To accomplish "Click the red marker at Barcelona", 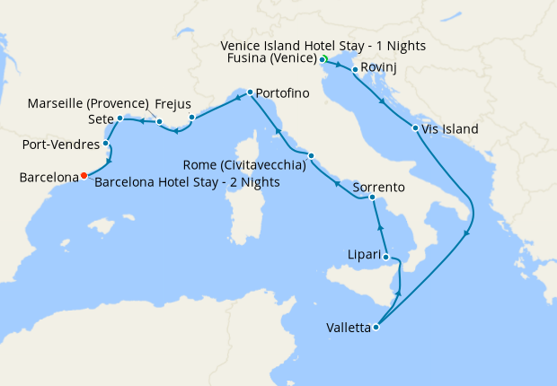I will pos(84,176).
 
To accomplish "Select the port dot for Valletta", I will pos(376,327).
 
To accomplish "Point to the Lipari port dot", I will pos(388,258).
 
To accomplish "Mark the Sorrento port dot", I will pos(372,197).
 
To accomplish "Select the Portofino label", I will pos(282,93).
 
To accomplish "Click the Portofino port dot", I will pos(250,92).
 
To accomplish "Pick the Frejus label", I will pos(172,103).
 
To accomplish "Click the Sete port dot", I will pos(119,118).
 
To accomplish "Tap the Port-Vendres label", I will pos(60,144).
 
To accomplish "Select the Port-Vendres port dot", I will pos(106,143).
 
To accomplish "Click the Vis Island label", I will pos(450,129).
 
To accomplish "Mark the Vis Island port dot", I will pos(415,128).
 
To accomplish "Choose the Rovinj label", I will pos(378,68).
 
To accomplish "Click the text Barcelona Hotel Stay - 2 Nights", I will pos(187,182).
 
